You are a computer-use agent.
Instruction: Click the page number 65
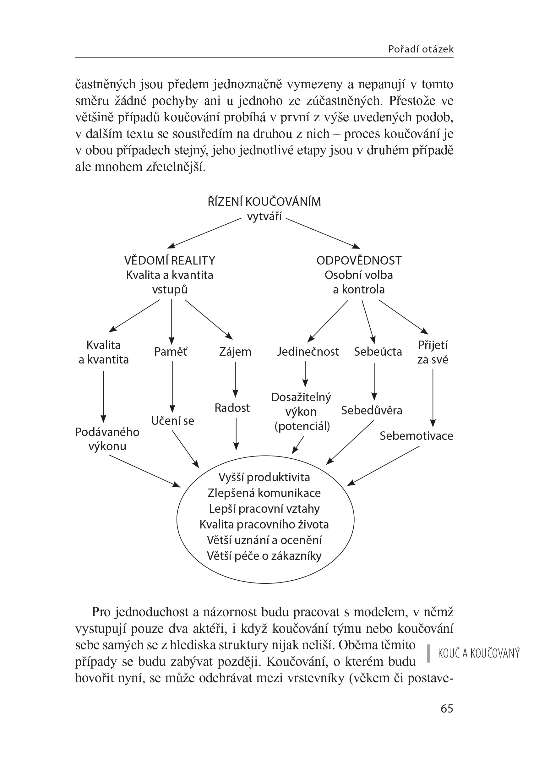447,708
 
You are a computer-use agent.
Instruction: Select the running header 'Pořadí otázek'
421,49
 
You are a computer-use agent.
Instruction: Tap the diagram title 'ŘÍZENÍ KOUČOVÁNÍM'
264,201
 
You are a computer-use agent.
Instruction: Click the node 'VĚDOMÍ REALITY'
170,260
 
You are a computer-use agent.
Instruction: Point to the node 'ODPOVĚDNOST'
359,260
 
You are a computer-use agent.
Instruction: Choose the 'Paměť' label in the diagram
171,352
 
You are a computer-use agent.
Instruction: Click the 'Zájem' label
235,352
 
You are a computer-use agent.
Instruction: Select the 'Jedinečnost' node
308,352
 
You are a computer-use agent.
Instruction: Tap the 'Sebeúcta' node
378,352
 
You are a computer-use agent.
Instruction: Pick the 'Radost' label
232,407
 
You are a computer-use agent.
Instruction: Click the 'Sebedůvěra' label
371,411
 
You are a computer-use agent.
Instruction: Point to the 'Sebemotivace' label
416,436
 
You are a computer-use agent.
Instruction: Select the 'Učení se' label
172,420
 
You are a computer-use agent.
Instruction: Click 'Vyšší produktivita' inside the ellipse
264,477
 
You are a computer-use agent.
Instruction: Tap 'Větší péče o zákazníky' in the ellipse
264,556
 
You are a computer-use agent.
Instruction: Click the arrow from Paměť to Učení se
172,387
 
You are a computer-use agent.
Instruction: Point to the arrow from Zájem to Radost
235,379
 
